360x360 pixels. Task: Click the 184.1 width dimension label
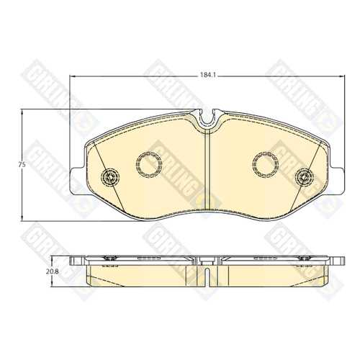pyautogui.click(x=208, y=76)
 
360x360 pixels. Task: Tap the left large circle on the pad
pyautogui.click(x=149, y=164)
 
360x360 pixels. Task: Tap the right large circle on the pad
pyautogui.click(x=266, y=164)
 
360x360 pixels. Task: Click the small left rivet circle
pyautogui.click(x=110, y=177)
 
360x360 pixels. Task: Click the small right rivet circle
pyautogui.click(x=305, y=177)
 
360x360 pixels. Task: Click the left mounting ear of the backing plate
pyautogui.click(x=77, y=181)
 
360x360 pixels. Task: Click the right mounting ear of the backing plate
pyautogui.click(x=337, y=181)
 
